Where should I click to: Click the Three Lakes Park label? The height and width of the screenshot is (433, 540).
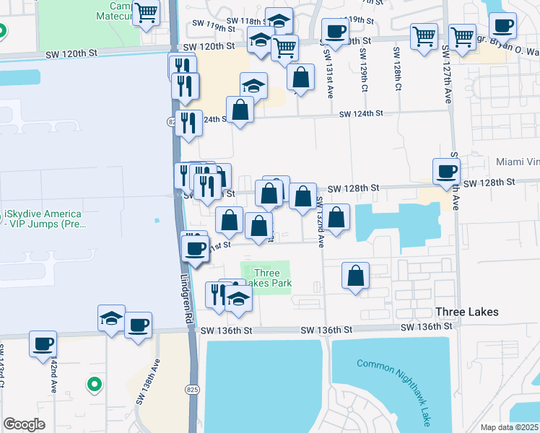click(x=273, y=278)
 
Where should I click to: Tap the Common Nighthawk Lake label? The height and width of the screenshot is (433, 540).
click(x=396, y=386)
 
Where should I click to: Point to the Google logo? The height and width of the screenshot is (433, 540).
click(x=23, y=424)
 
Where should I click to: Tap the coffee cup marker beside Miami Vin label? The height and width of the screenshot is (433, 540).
click(x=445, y=171)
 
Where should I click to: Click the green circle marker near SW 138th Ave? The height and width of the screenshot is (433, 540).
click(x=92, y=385)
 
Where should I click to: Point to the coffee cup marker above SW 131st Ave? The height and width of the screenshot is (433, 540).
click(x=334, y=31)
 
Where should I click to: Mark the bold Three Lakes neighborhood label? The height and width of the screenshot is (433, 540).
click(x=467, y=312)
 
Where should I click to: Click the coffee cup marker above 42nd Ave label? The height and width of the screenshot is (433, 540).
click(x=43, y=343)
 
